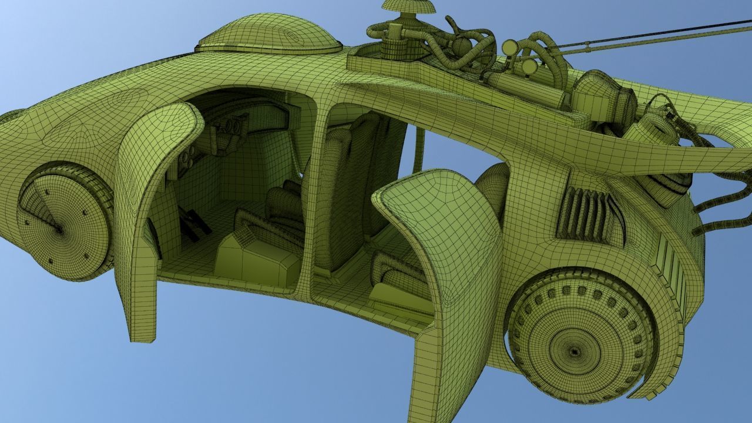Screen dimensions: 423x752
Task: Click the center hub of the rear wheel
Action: coord(575,351)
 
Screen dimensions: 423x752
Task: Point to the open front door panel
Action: coord(154,194)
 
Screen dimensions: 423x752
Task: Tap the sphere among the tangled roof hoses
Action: coord(462,46)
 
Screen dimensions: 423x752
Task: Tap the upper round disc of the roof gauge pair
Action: coord(510,47)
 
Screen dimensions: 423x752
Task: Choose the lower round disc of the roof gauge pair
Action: coord(529,66)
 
